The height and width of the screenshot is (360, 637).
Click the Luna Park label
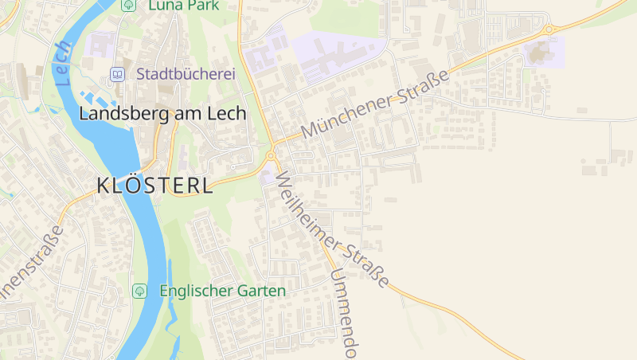click(x=183, y=5)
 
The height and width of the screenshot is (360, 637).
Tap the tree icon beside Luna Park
click(x=128, y=5)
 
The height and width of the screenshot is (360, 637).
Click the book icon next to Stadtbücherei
click(x=118, y=74)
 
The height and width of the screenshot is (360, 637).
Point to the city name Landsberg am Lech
click(x=162, y=114)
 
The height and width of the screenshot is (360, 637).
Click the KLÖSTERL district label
click(x=154, y=186)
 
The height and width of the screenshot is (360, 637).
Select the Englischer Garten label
click(x=222, y=291)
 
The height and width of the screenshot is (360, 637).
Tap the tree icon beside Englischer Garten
click(x=139, y=291)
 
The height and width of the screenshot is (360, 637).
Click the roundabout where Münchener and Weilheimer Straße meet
click(x=271, y=155)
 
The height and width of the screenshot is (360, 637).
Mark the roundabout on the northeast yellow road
click(x=549, y=29)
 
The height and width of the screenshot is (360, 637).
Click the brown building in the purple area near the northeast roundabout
click(x=538, y=53)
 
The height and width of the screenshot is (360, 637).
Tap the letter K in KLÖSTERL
click(x=103, y=186)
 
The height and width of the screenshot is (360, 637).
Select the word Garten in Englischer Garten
click(x=261, y=291)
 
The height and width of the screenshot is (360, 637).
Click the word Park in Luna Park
click(x=203, y=5)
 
